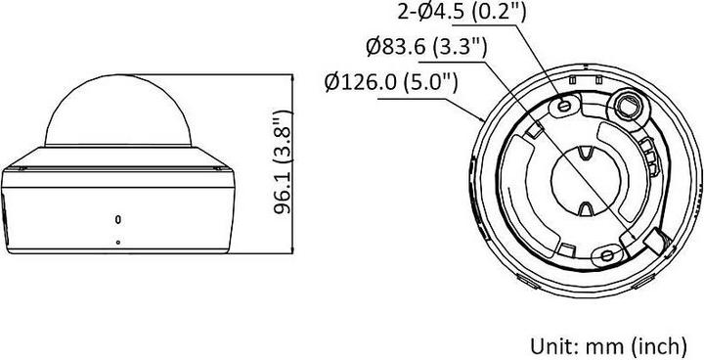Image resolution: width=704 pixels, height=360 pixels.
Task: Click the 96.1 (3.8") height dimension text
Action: click(283, 167)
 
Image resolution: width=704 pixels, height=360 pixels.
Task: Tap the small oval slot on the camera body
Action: click(118, 218)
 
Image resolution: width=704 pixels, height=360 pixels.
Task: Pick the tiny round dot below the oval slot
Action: click(118, 241)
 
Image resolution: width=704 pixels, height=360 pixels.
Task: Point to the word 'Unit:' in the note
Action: click(550, 345)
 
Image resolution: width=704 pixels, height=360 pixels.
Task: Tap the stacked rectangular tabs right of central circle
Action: click(647, 152)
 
